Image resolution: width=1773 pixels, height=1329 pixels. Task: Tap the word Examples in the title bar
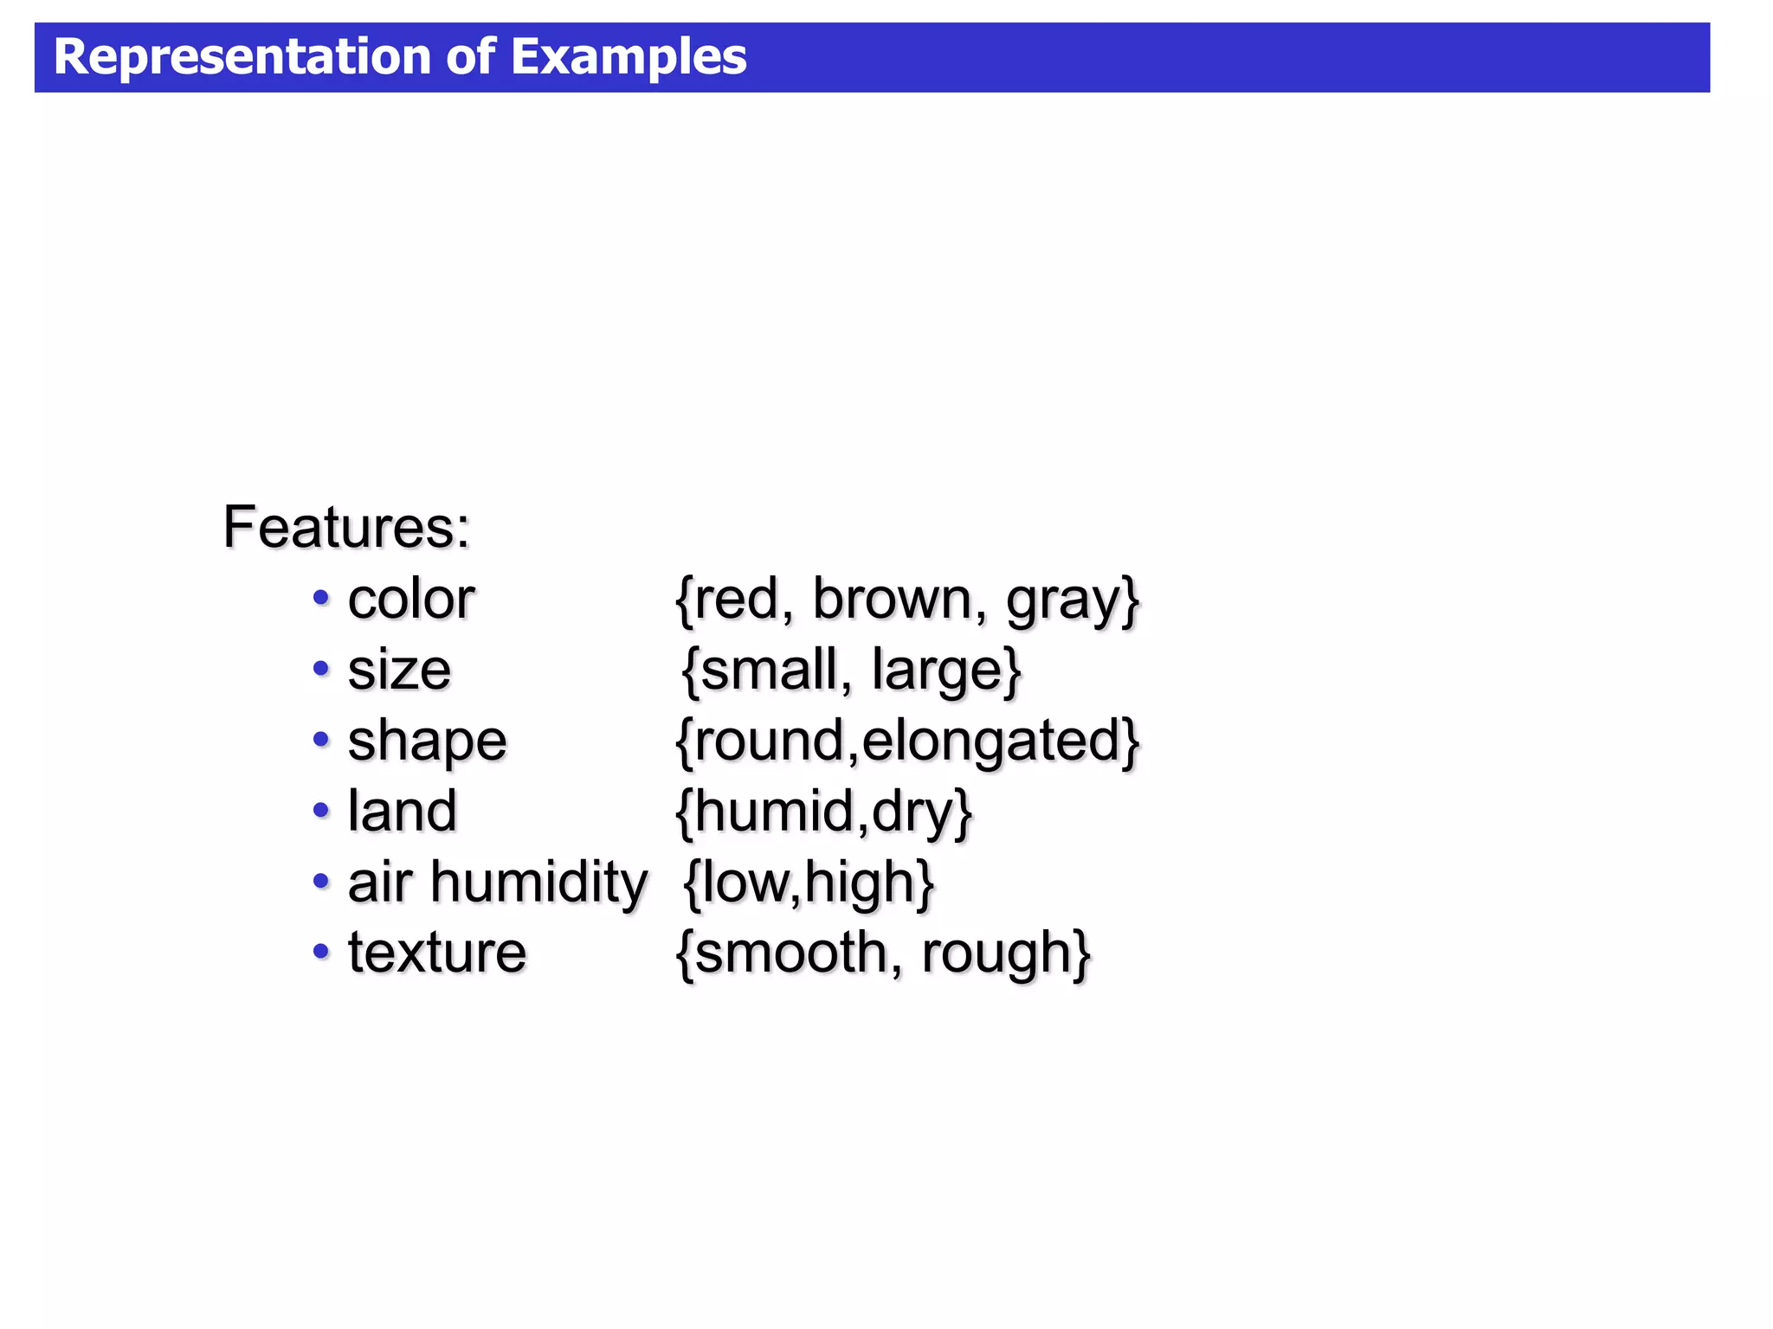coord(629,57)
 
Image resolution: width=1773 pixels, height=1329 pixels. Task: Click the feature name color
coord(411,599)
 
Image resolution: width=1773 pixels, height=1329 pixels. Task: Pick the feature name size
coord(399,670)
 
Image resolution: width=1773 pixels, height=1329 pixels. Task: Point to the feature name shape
coord(427,742)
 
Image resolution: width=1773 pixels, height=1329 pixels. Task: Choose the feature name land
coord(402,811)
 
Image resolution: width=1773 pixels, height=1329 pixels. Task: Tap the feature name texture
coord(437,953)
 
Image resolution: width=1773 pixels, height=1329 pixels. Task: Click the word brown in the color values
coord(892,599)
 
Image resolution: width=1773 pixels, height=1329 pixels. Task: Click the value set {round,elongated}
coord(907,742)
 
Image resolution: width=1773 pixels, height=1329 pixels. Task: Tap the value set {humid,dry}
coord(823,812)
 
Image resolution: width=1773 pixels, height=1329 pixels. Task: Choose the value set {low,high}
coord(809,883)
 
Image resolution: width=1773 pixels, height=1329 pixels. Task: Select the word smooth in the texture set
coord(790,953)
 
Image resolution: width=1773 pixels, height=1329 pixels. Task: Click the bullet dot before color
coord(321,597)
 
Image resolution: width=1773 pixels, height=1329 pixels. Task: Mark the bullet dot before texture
coord(321,952)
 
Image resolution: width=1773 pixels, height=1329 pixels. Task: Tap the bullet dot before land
coord(321,810)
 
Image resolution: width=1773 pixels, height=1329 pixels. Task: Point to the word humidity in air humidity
coord(538,883)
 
